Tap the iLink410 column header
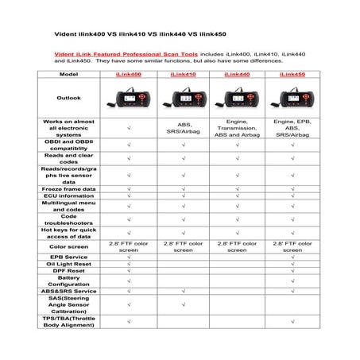(183, 74)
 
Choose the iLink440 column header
(237, 74)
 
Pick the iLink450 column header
(292, 74)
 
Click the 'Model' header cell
(68, 74)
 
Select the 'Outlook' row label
(68, 99)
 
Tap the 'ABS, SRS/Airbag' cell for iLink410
(183, 126)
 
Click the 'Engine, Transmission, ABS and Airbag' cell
(237, 126)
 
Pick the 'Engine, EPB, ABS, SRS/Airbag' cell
(292, 126)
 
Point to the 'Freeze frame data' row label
(68, 188)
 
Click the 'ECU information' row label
(68, 196)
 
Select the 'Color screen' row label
(68, 247)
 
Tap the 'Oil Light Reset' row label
(68, 265)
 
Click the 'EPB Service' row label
(68, 257)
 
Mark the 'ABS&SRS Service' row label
(68, 292)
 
